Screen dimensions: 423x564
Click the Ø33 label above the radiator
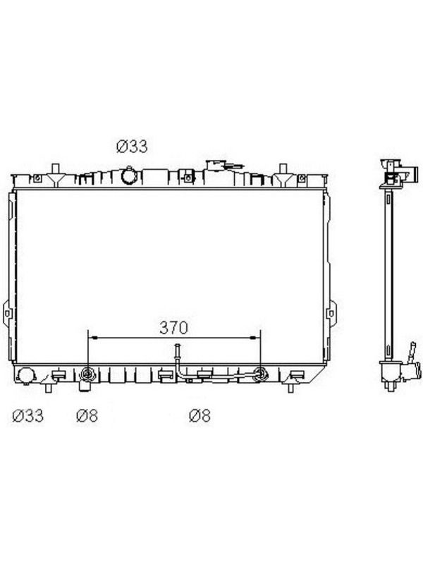(132, 147)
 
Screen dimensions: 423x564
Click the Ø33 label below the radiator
(28, 415)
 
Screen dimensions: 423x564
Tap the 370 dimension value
(173, 328)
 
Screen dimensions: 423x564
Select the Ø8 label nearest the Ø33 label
(87, 415)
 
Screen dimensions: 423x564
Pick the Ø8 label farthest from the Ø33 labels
(200, 415)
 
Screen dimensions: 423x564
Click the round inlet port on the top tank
(129, 176)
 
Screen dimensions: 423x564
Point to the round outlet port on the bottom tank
(25, 376)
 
